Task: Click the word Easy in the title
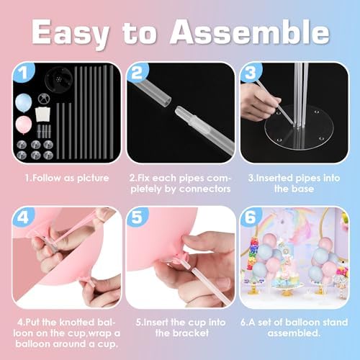(70, 33)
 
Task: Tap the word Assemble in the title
(250, 31)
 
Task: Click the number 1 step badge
(24, 72)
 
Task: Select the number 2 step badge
(137, 72)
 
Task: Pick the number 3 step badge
(251, 72)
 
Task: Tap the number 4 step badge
(24, 217)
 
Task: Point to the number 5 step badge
(137, 217)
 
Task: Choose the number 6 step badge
(251, 217)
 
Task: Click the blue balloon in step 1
(24, 103)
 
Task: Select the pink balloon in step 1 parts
(24, 125)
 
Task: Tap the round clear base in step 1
(58, 78)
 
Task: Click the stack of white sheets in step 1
(43, 114)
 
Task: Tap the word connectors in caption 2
(204, 189)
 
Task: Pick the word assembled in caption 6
(294, 333)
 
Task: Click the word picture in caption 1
(93, 179)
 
